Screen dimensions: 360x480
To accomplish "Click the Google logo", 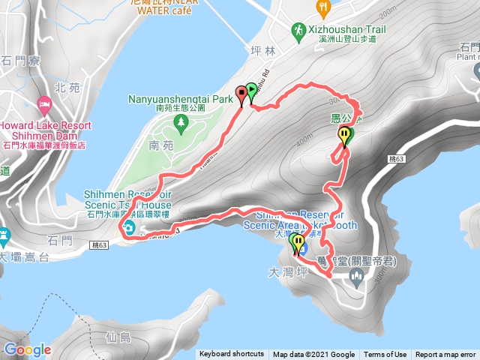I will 28,349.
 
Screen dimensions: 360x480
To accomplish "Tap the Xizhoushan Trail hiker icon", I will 298,29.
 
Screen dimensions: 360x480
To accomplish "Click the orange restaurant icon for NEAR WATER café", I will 323,8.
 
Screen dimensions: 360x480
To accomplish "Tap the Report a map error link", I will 447,355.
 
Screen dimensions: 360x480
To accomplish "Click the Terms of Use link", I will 385,355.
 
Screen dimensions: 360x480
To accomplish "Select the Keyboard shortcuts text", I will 232,355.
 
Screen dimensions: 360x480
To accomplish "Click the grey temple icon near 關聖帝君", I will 356,280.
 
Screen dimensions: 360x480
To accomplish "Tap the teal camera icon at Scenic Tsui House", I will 130,229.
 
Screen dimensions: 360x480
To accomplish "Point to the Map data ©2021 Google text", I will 313,355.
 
